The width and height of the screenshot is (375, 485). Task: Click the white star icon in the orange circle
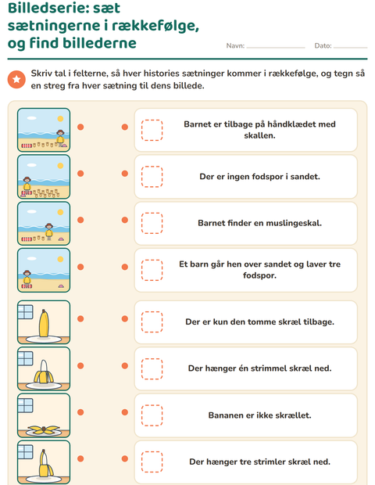click(16, 80)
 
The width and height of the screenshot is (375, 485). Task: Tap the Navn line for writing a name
click(276, 48)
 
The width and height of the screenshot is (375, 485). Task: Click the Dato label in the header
click(323, 46)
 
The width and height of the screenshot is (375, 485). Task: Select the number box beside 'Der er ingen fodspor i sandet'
click(152, 177)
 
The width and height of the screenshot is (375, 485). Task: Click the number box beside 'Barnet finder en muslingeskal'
click(152, 223)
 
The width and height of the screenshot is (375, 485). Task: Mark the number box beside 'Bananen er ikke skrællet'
click(152, 415)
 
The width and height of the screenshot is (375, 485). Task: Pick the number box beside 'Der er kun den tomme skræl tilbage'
click(152, 322)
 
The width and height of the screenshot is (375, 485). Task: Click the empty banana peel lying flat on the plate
click(44, 429)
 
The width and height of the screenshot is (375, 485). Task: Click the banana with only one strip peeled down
click(46, 463)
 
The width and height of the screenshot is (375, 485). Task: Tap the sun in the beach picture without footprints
click(60, 259)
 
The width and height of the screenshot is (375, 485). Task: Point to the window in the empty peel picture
click(25, 405)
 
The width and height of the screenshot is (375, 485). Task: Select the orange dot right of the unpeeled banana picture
click(80, 319)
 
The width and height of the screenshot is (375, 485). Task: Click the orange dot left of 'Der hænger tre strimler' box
click(125, 458)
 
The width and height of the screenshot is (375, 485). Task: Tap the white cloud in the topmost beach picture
click(31, 118)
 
